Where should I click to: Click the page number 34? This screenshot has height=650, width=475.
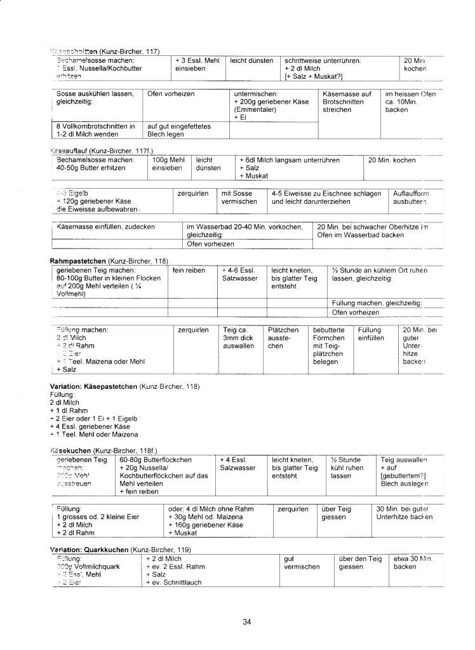pyautogui.click(x=247, y=621)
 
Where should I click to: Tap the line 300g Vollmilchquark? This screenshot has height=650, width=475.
pyautogui.click(x=88, y=566)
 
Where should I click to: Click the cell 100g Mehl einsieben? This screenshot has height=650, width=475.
pyautogui.click(x=168, y=164)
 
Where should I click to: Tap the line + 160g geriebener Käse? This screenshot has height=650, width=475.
pyautogui.click(x=206, y=525)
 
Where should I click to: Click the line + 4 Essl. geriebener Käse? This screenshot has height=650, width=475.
pyautogui.click(x=89, y=426)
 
